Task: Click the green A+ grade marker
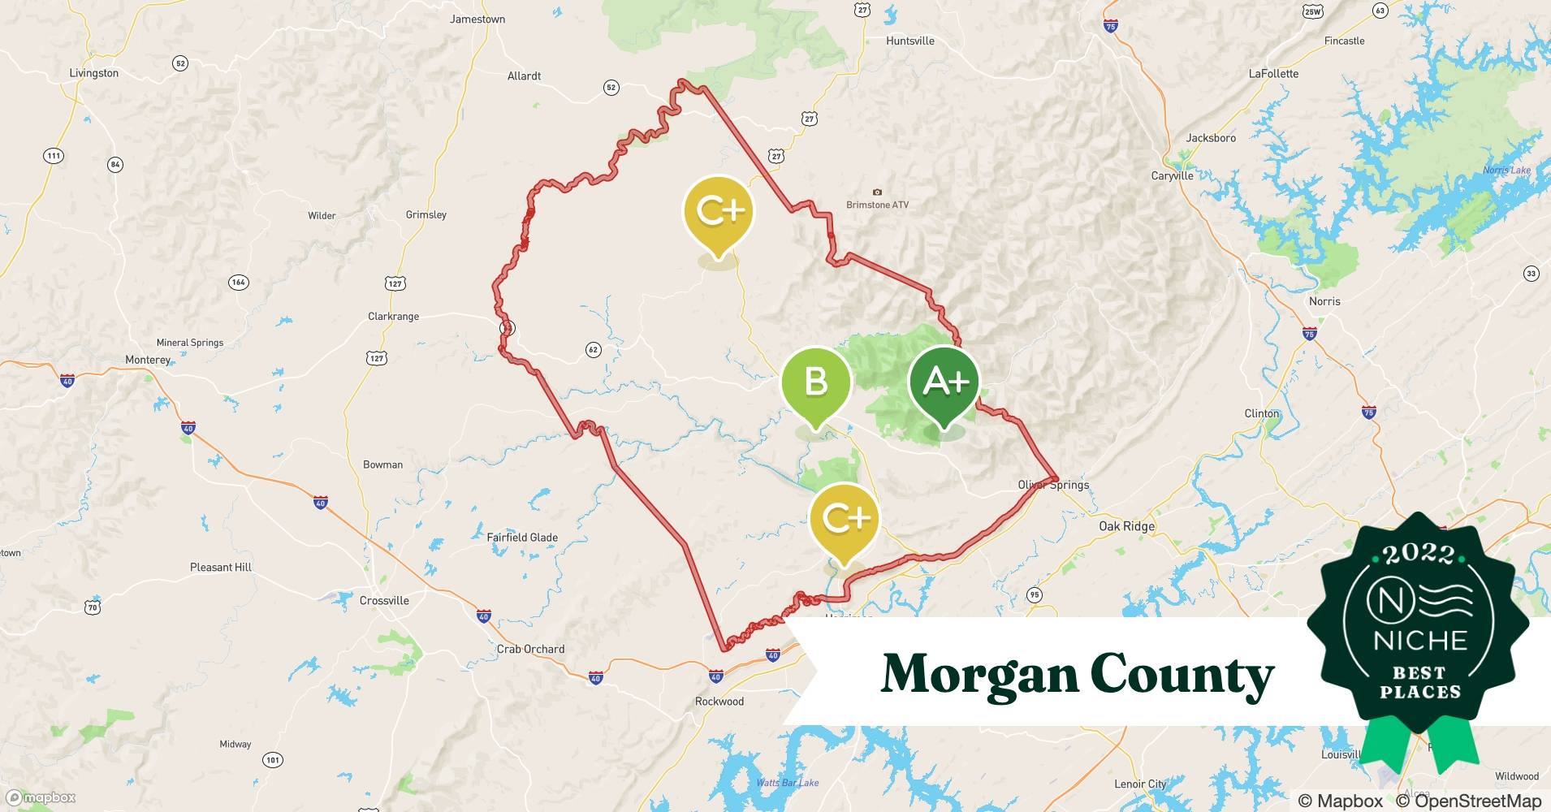tap(944, 382)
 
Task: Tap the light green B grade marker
tap(815, 382)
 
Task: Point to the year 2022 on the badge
tap(1419, 554)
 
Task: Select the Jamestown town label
tap(477, 19)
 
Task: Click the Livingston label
tap(94, 73)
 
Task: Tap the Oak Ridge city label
tap(1126, 526)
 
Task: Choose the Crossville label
tap(384, 601)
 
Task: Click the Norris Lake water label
tap(1506, 170)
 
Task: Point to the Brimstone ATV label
tap(877, 205)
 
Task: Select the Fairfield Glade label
tap(522, 538)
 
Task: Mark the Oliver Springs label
tap(1053, 485)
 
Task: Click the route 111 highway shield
tap(53, 156)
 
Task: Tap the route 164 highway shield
tap(238, 283)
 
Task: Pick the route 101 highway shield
tap(273, 760)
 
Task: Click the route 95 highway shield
tap(1034, 594)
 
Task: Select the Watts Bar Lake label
tap(787, 783)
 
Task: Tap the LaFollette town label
tap(1273, 74)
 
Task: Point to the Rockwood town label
tap(719, 702)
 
